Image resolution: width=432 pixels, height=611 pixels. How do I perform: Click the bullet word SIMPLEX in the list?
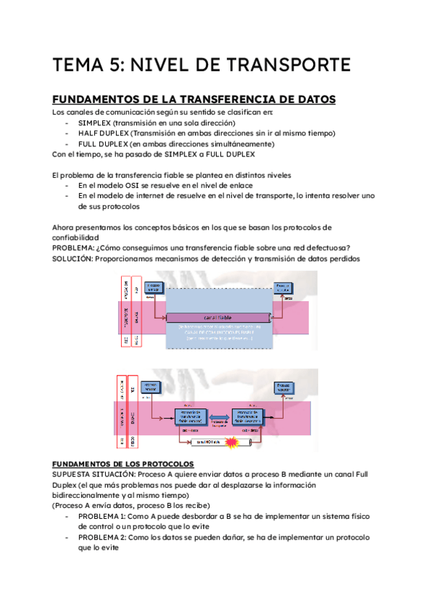click(x=96, y=123)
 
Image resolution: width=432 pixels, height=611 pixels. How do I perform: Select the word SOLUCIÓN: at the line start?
click(x=77, y=259)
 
